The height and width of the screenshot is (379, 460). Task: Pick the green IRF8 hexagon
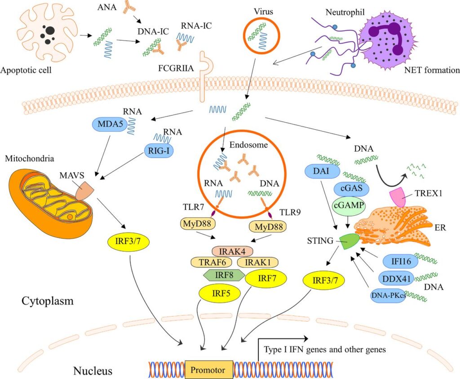coord(224,274)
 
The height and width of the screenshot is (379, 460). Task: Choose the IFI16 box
coord(397,261)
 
